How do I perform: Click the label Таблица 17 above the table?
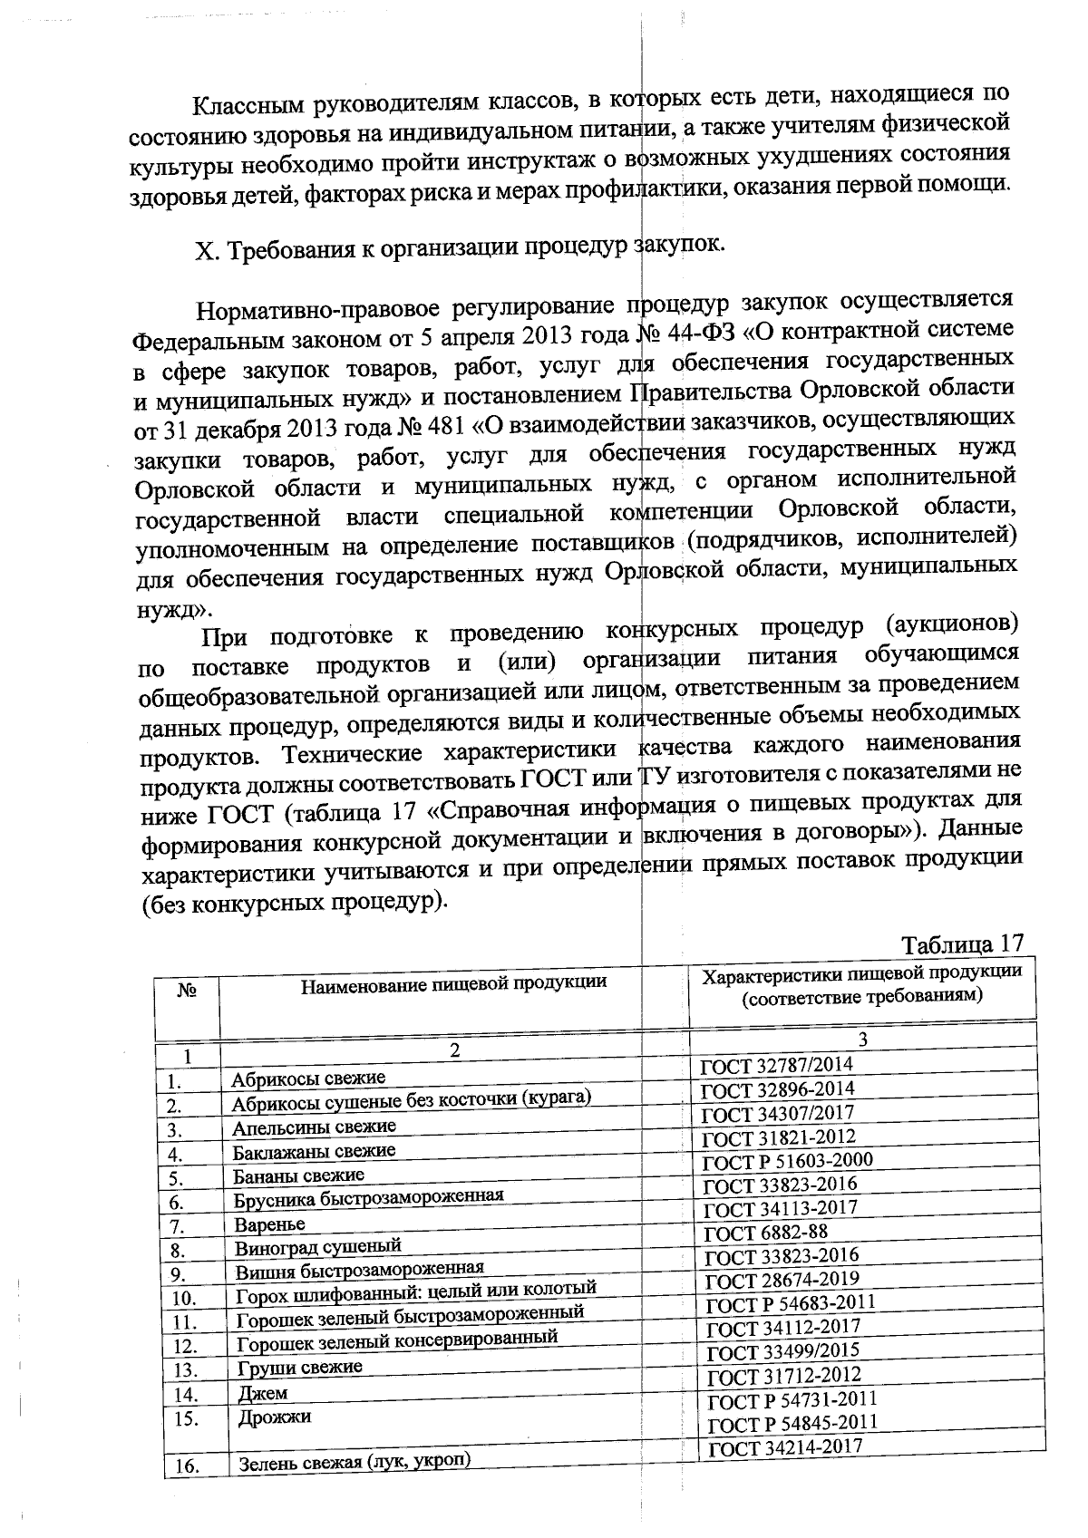962,943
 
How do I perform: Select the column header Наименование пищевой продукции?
453,982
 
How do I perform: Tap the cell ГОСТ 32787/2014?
777,1065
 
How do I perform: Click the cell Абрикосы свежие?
308,1078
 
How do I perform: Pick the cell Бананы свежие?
298,1175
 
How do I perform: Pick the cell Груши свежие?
299,1367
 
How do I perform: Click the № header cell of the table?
187,991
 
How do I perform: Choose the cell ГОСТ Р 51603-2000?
788,1161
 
